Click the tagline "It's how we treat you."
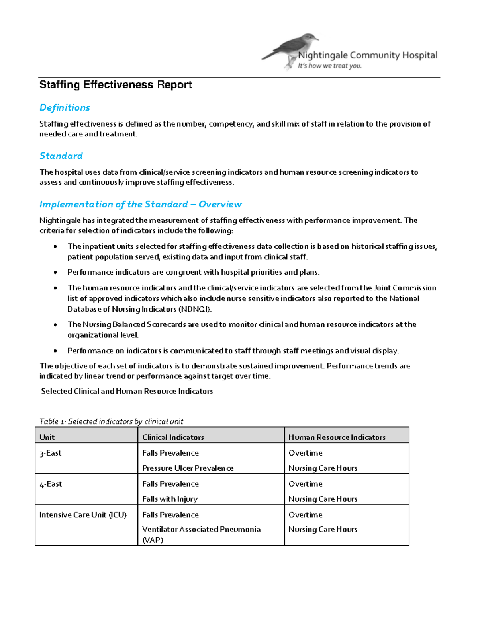(x=329, y=66)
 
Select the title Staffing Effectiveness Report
(x=116, y=85)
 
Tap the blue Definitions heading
(x=65, y=107)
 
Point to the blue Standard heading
(x=61, y=156)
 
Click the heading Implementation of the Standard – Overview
(x=140, y=204)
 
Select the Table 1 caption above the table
(x=111, y=421)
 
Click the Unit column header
(x=47, y=437)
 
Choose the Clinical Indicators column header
(x=173, y=437)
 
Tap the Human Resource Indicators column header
(x=337, y=437)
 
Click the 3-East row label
(x=50, y=453)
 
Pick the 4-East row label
(x=51, y=484)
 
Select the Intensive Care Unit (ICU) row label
(x=83, y=515)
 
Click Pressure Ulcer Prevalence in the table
(x=188, y=468)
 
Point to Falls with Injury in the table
(x=170, y=499)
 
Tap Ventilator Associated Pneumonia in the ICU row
(x=201, y=530)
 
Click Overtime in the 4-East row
(x=305, y=484)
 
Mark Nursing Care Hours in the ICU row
(x=323, y=529)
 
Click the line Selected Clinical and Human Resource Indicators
(x=127, y=391)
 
